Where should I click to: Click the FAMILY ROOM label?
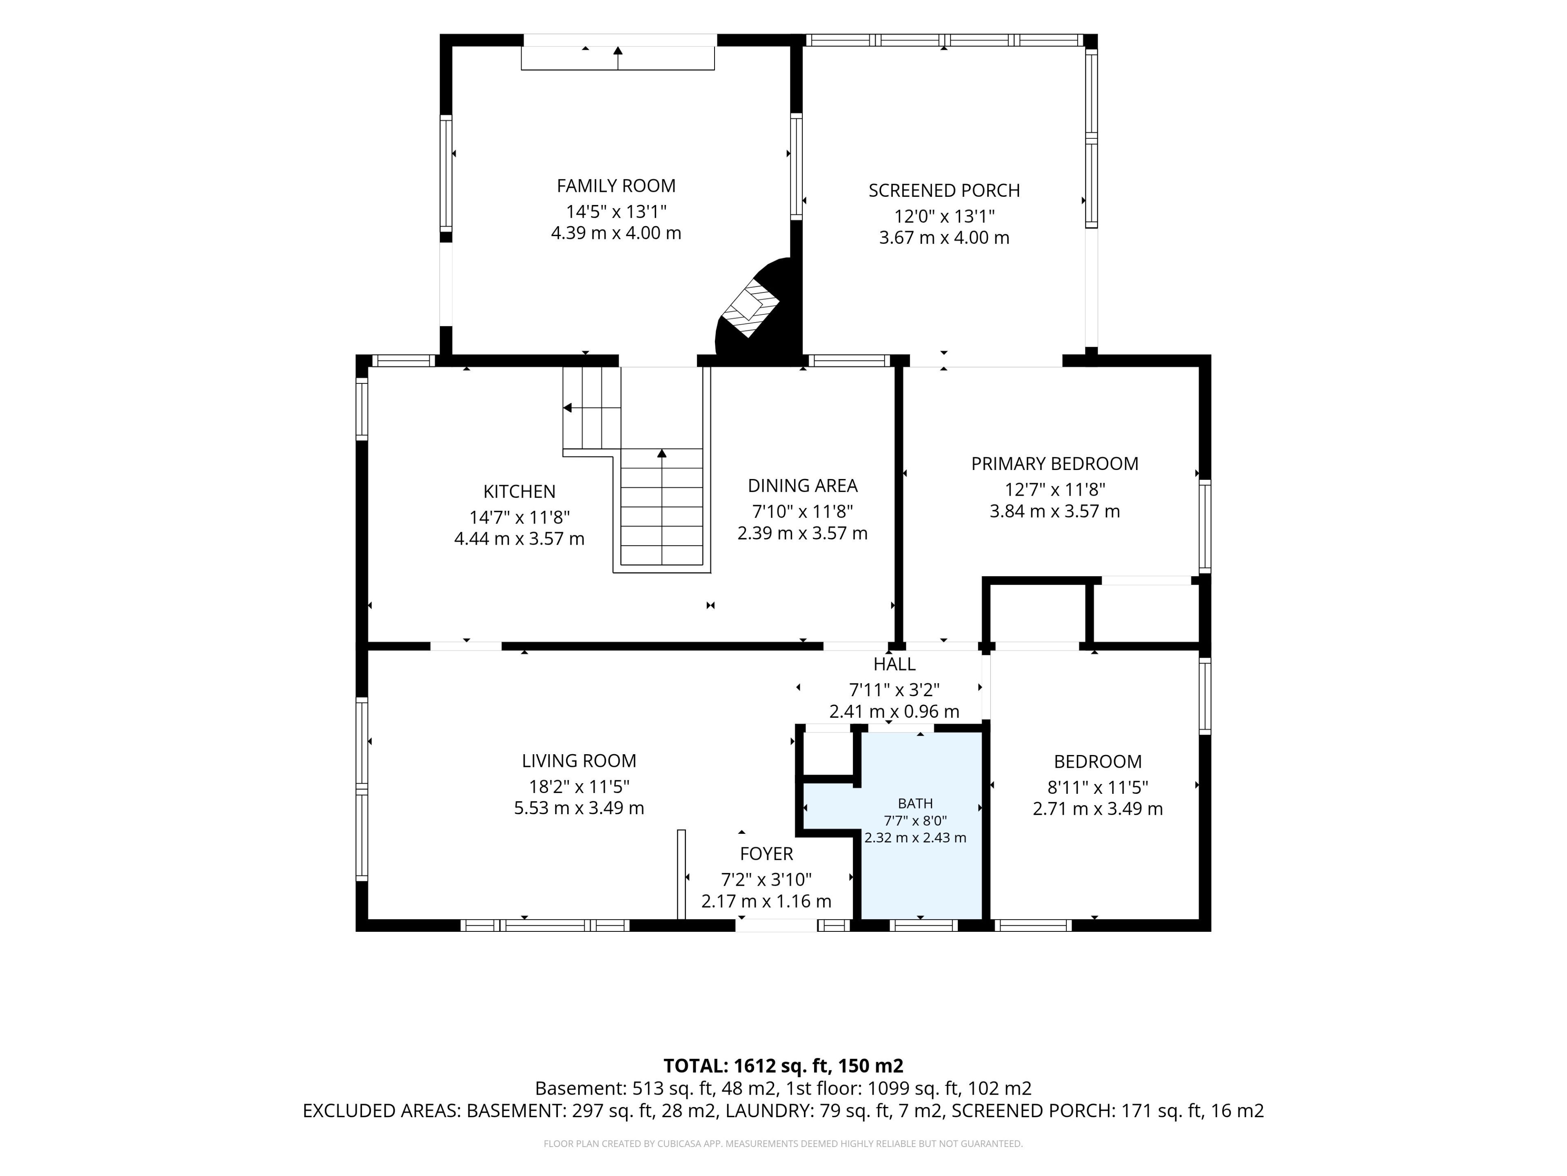(616, 186)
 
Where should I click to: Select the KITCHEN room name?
(519, 491)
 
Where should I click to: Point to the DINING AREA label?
(803, 486)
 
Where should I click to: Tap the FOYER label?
(766, 854)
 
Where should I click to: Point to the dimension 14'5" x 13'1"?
(616, 211)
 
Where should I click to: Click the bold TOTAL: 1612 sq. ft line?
(783, 1066)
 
